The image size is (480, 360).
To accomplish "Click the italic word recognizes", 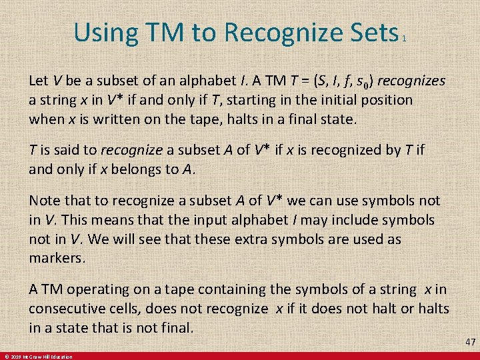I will (414, 81).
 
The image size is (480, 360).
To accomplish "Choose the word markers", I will (56, 258).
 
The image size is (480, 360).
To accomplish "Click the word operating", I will (95, 289).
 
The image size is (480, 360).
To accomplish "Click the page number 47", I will (470, 342).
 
